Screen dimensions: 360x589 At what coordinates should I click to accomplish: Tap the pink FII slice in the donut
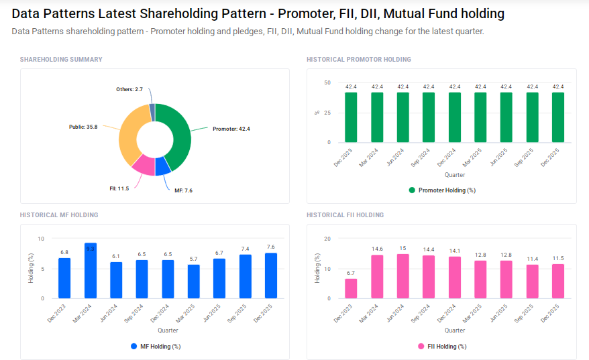tap(143, 164)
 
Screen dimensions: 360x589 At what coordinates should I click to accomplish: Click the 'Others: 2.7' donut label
tap(129, 88)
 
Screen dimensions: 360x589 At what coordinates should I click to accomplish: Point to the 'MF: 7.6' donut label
tap(183, 190)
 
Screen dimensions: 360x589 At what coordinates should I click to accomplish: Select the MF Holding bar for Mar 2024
tap(90, 271)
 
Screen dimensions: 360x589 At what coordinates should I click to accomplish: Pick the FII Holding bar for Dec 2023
tap(351, 288)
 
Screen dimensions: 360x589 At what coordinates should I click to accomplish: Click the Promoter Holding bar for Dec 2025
tap(558, 117)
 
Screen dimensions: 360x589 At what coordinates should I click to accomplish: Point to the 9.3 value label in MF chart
tap(90, 248)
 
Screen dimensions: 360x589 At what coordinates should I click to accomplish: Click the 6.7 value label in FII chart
tap(351, 274)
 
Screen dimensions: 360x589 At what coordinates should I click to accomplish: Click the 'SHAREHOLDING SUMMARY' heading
tap(61, 60)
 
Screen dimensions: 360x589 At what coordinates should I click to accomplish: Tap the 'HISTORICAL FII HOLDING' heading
tap(345, 215)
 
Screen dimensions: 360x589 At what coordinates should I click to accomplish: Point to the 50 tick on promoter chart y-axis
tap(327, 82)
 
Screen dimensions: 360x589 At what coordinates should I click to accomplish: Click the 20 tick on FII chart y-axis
tap(327, 239)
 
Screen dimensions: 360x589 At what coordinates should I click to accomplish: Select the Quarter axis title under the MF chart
tap(168, 331)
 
